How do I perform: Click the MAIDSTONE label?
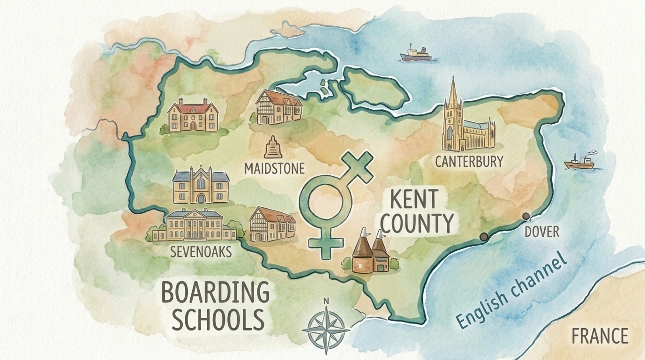[274, 168]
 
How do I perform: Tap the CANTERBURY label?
[469, 162]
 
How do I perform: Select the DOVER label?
[541, 231]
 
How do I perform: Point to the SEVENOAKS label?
[201, 252]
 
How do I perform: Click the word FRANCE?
[600, 336]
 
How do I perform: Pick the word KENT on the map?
[413, 200]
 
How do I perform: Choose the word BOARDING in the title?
[215, 293]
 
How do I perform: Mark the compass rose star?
[326, 330]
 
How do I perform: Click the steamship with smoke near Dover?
[579, 162]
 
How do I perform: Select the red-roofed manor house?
[193, 116]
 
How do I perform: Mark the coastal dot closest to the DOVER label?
[526, 216]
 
